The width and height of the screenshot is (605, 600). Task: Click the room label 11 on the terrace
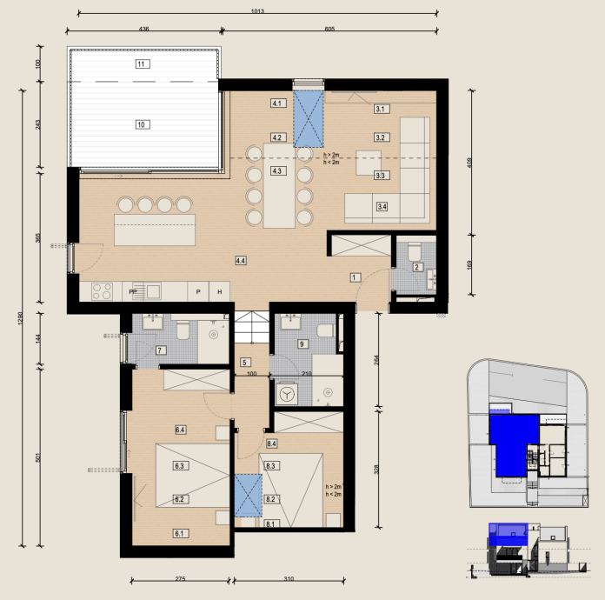click(143, 64)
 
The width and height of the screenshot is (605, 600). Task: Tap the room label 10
click(143, 124)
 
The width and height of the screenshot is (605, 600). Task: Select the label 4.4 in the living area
click(241, 261)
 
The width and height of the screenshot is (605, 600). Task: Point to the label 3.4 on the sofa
click(382, 207)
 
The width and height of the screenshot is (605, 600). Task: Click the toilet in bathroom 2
click(415, 251)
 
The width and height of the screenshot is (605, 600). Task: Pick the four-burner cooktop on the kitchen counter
click(103, 291)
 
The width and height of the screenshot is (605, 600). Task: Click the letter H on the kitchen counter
click(220, 292)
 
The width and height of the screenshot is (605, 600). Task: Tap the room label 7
click(161, 350)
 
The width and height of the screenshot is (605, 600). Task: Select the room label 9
click(302, 343)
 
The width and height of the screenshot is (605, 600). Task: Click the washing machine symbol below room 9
click(286, 394)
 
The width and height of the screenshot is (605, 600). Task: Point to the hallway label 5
click(244, 363)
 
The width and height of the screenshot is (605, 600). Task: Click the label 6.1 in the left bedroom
click(179, 534)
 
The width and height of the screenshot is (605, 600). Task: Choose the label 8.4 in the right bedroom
click(271, 444)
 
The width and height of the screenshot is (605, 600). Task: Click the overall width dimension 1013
click(257, 11)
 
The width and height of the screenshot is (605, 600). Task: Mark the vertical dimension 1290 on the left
click(21, 318)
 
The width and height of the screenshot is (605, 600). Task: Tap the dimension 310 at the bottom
click(289, 579)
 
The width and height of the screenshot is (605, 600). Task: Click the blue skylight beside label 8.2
click(249, 496)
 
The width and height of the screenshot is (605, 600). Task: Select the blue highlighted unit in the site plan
click(513, 443)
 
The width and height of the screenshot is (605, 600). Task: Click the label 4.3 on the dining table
click(276, 171)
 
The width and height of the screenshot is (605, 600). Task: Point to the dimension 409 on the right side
click(469, 163)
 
